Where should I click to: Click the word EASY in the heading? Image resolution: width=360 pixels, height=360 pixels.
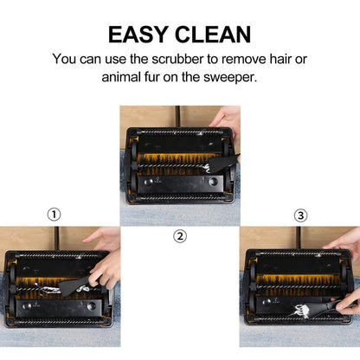[138, 35]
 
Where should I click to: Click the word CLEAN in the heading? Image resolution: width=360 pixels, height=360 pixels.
[213, 35]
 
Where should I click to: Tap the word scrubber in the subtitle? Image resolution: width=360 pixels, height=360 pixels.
[177, 59]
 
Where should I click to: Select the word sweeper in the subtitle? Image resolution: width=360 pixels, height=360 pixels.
[230, 77]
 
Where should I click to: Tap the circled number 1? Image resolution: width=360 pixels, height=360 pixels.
[54, 215]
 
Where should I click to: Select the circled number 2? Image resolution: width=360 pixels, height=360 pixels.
[180, 236]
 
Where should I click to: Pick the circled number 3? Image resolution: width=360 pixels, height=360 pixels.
[300, 215]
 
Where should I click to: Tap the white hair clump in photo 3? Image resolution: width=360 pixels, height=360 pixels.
[300, 312]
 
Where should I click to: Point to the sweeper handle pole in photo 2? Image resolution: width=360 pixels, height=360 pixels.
[177, 117]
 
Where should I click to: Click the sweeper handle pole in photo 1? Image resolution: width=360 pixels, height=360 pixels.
[57, 238]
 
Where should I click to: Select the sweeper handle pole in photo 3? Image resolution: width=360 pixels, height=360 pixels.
[299, 238]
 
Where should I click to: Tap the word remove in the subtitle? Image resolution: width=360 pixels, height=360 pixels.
[243, 59]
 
